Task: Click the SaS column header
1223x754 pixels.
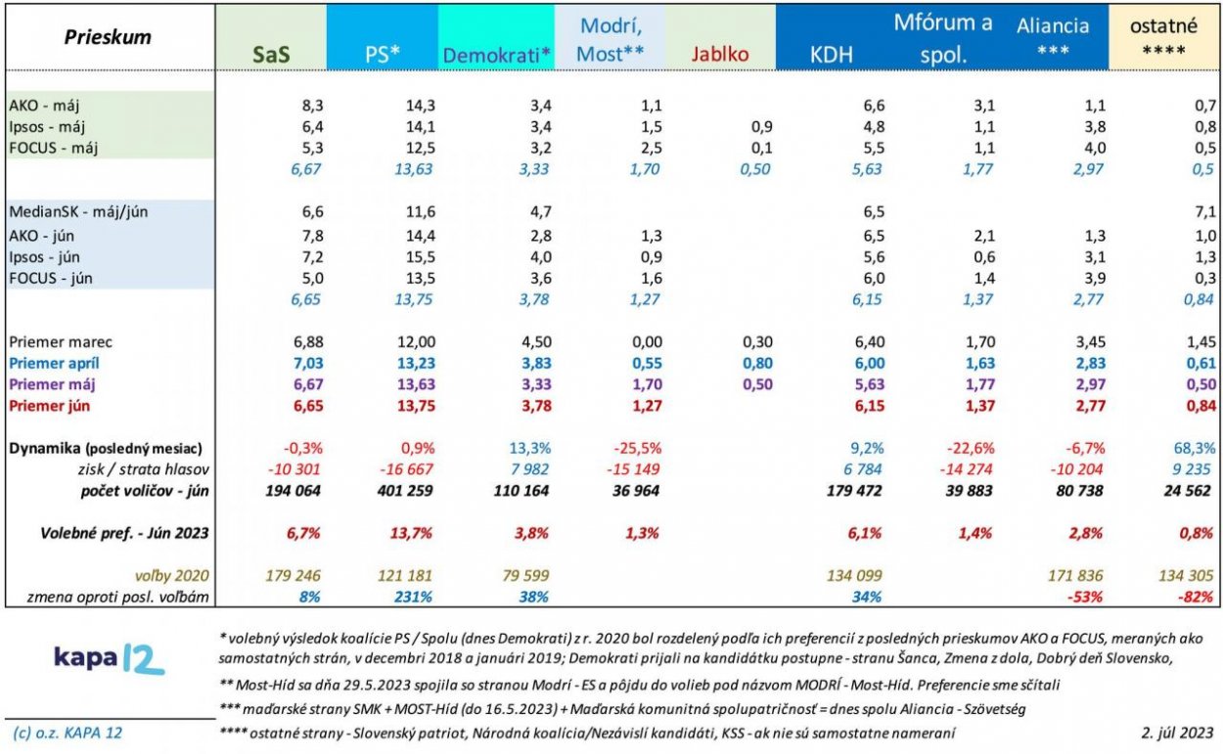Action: (270, 55)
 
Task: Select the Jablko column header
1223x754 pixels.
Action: (719, 54)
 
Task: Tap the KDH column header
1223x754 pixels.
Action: (832, 55)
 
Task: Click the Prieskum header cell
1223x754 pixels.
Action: (108, 37)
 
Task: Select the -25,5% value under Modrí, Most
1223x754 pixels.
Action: (638, 448)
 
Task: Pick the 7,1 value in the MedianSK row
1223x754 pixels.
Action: (1201, 212)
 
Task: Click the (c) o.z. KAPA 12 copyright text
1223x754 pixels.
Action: (68, 732)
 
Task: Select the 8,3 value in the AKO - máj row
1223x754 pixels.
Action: (306, 105)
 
